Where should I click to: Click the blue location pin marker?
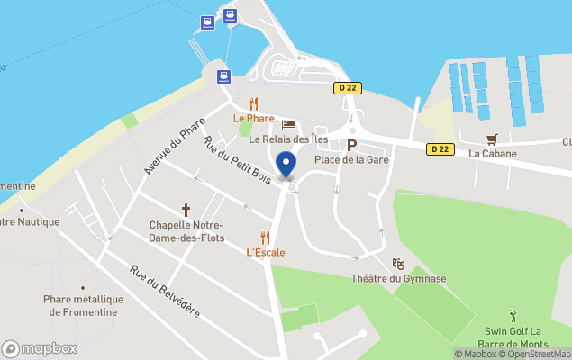(x=286, y=166)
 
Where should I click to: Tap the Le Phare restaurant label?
(x=253, y=118)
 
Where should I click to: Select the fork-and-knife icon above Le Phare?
(x=253, y=103)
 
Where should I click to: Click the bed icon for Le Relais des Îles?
(x=288, y=124)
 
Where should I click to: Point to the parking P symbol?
(x=352, y=145)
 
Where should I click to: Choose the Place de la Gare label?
(x=352, y=160)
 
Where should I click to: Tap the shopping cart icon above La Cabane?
(x=492, y=139)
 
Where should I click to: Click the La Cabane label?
(x=493, y=154)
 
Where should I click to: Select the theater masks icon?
(x=398, y=264)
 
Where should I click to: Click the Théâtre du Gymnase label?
(x=398, y=278)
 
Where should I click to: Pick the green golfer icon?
(x=513, y=316)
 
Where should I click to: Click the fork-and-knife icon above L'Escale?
(x=265, y=238)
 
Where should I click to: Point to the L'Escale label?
(x=265, y=253)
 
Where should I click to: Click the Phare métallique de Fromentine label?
(x=82, y=306)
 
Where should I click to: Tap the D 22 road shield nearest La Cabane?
(x=439, y=149)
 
